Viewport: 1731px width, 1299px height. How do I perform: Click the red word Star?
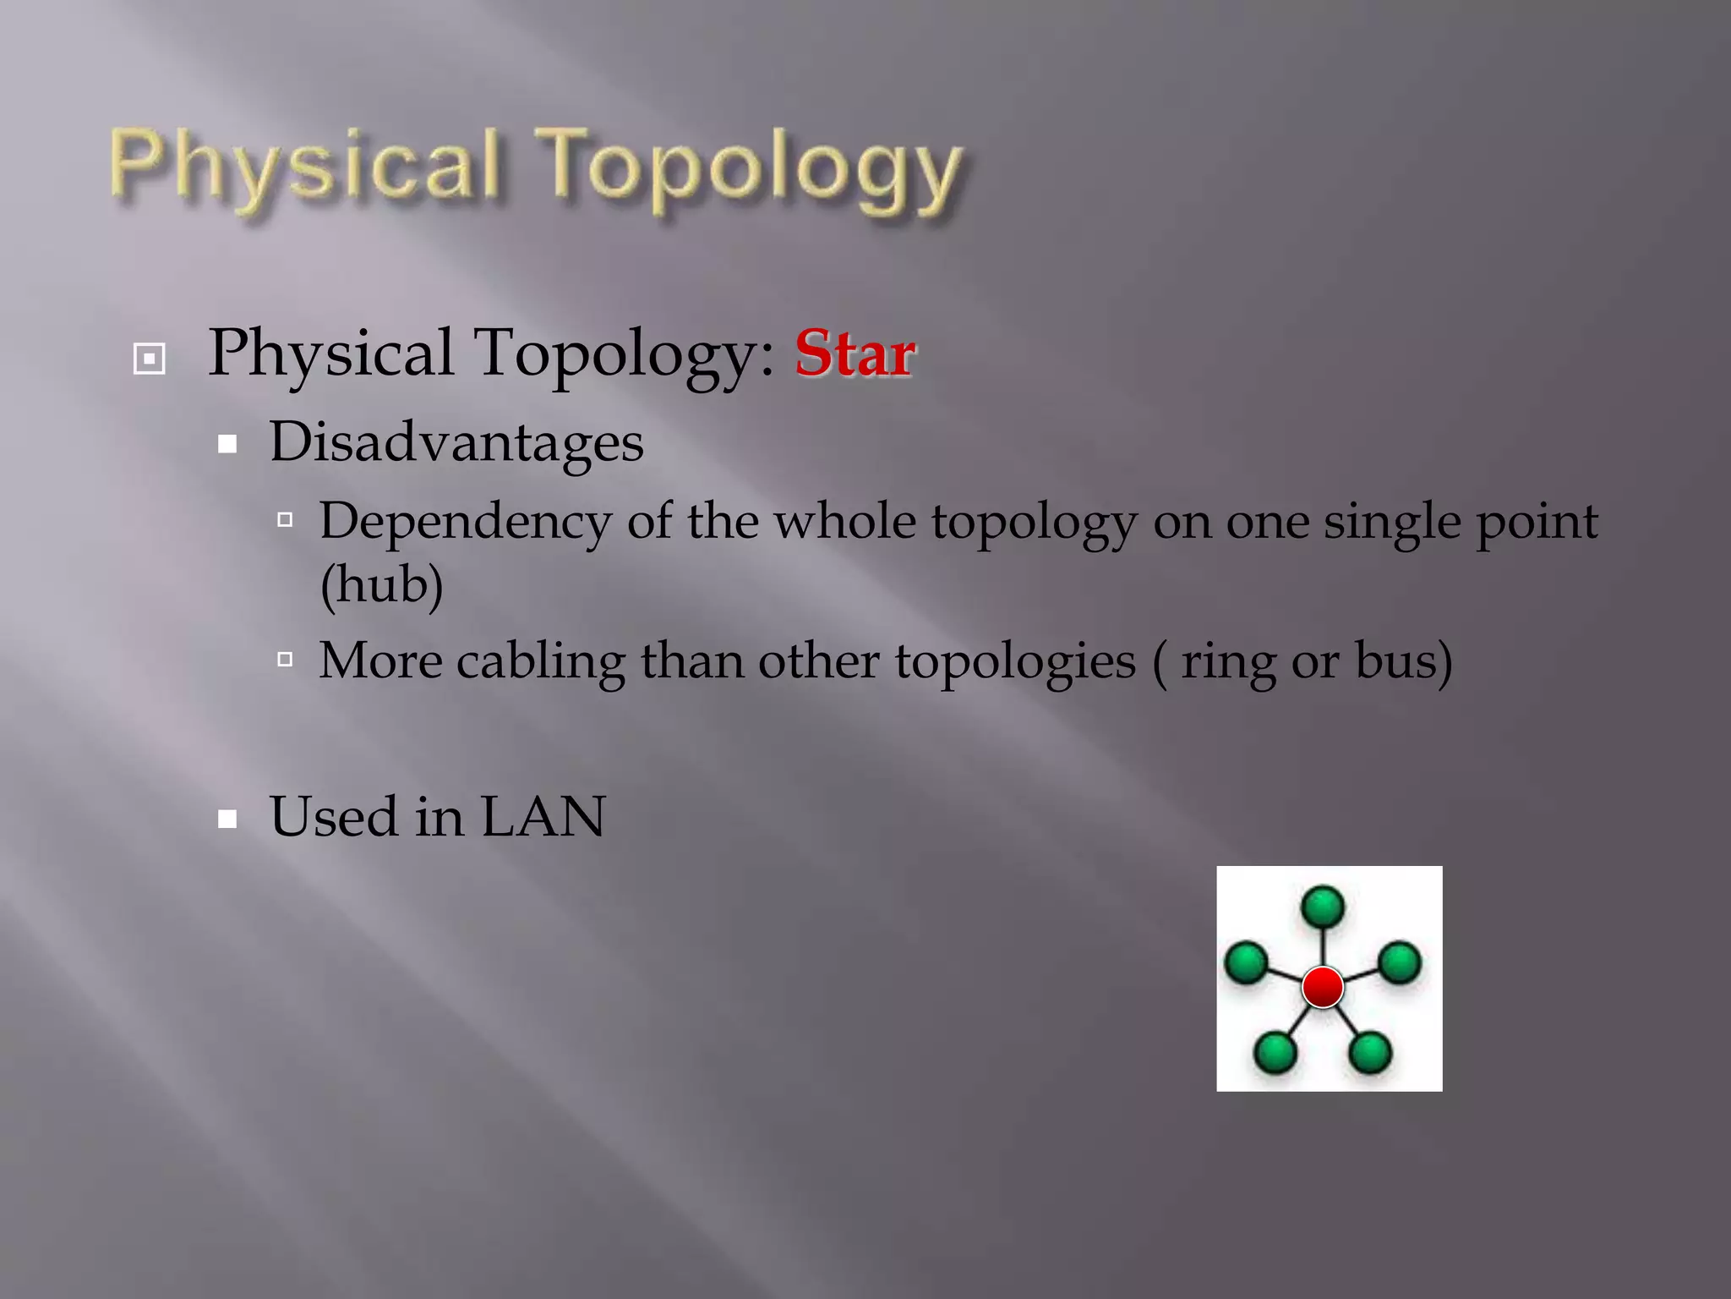coord(855,354)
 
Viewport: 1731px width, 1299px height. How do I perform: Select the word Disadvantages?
coord(456,442)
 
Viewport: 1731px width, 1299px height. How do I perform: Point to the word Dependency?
coord(465,522)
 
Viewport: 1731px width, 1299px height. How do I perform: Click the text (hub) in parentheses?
coord(382,584)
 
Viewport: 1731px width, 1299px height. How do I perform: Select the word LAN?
coord(543,817)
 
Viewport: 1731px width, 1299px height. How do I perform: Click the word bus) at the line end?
coord(1404,660)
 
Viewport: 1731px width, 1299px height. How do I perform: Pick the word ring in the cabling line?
coord(1228,662)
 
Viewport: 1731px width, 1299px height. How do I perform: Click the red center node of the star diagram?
coord(1323,987)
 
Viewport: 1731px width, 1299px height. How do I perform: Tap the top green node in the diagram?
coord(1323,907)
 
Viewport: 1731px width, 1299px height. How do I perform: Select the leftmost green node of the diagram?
coord(1246,962)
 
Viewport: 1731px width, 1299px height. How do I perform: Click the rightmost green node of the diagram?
coord(1400,962)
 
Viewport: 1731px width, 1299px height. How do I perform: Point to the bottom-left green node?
coord(1275,1053)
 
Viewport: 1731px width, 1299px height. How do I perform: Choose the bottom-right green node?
coord(1370,1053)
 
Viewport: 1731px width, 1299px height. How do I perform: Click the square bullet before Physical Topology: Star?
coord(150,359)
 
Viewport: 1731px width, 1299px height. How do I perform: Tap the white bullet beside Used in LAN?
coord(227,819)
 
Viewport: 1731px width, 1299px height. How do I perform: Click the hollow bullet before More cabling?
coord(286,659)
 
